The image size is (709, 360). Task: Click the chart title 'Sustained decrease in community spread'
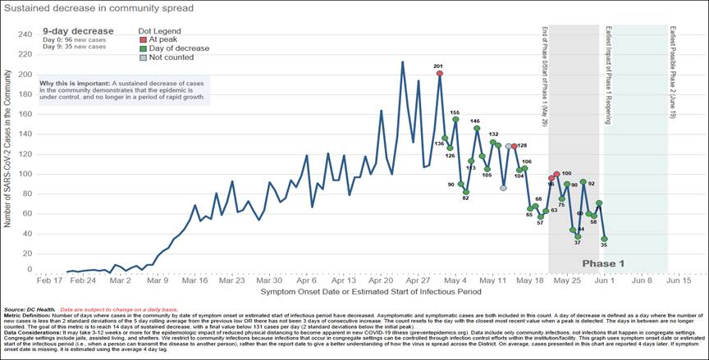click(98, 9)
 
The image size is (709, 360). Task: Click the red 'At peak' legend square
click(142, 39)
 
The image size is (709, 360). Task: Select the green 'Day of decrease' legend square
click(142, 48)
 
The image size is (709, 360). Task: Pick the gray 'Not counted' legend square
click(142, 57)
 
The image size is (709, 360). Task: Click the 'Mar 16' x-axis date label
click(195, 280)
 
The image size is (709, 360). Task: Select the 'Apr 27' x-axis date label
click(418, 280)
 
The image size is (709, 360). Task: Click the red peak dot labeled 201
click(440, 74)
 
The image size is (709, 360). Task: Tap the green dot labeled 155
click(455, 120)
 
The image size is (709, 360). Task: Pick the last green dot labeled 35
click(604, 238)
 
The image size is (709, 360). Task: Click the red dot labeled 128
click(515, 146)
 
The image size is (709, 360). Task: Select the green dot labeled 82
click(465, 191)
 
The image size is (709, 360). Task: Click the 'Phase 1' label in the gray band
click(603, 263)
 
